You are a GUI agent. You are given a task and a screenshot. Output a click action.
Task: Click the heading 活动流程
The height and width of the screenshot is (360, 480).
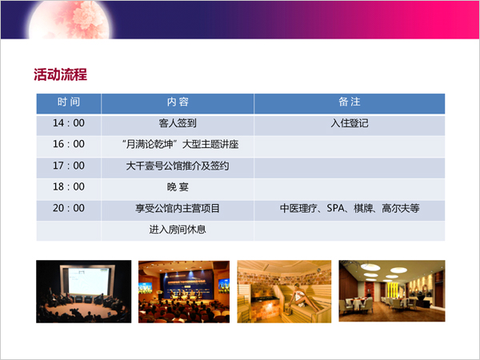(x=60, y=74)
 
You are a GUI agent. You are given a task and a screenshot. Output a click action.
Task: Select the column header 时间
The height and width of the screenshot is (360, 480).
(x=69, y=102)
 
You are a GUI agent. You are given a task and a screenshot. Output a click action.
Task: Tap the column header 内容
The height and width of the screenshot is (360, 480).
(x=178, y=102)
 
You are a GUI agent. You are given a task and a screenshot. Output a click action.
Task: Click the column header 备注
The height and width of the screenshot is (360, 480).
(x=350, y=102)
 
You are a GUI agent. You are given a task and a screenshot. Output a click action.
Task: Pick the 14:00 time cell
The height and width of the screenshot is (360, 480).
(x=69, y=123)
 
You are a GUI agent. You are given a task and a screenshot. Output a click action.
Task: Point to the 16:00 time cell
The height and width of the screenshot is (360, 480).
(x=69, y=144)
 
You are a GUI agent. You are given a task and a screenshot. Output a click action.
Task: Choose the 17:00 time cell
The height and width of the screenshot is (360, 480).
(x=69, y=166)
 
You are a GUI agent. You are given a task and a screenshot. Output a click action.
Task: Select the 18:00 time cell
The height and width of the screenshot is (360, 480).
(x=69, y=186)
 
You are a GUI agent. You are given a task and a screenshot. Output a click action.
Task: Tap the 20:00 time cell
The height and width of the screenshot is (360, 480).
(x=69, y=208)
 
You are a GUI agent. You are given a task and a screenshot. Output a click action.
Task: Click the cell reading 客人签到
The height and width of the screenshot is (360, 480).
(x=178, y=123)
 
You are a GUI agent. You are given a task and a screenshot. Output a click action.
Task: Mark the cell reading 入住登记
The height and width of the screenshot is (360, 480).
(x=350, y=123)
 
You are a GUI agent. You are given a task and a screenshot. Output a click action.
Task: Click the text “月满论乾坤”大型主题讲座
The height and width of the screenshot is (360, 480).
(x=180, y=144)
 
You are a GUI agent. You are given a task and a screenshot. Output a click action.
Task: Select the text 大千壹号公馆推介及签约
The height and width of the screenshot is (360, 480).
(x=178, y=166)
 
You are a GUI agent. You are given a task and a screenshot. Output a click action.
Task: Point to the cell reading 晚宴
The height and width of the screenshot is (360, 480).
(x=178, y=187)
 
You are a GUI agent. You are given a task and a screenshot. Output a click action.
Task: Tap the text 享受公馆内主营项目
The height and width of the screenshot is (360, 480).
(x=178, y=209)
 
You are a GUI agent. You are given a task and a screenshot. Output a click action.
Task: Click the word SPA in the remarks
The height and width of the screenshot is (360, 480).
(x=335, y=208)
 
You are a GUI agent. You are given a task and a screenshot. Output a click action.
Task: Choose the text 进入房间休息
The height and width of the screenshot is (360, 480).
(x=178, y=230)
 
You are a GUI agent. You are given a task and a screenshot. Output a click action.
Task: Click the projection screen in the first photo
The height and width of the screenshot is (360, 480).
(x=89, y=281)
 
